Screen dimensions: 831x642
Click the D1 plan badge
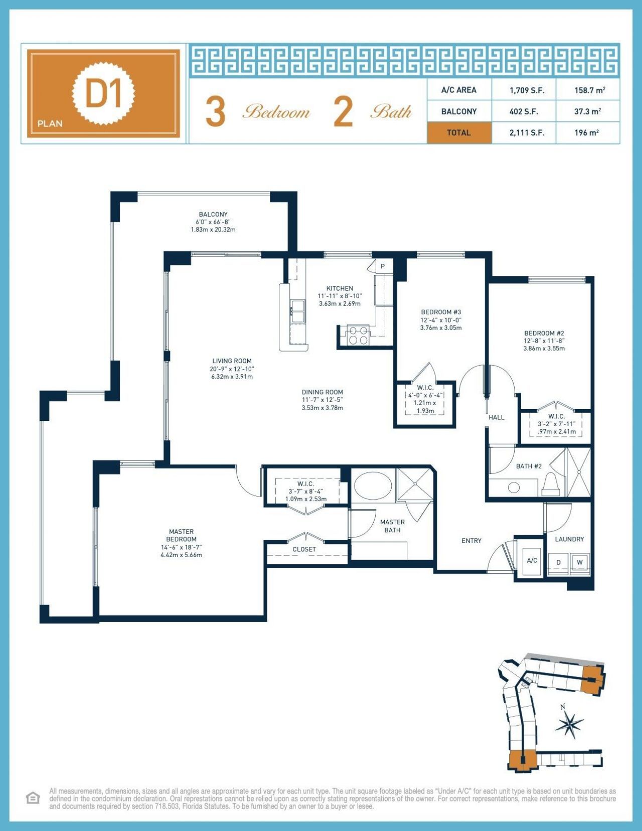104,93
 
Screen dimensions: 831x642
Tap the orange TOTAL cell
458,133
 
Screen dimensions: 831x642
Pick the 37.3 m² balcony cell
587,111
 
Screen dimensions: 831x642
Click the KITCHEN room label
340,289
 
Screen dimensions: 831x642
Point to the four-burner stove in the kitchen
358,335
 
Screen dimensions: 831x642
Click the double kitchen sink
297,311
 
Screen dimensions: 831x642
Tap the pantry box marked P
383,266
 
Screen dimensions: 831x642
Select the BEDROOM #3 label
441,312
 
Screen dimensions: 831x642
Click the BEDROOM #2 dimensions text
544,344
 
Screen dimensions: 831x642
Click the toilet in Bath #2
550,485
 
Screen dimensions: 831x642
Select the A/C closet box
531,560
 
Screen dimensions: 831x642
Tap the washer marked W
580,562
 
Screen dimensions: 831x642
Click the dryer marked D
558,562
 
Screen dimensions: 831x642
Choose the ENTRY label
471,540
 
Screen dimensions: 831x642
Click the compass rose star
570,724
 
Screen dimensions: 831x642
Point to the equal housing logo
33,797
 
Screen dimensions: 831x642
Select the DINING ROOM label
322,392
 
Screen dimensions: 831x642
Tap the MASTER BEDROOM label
181,535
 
